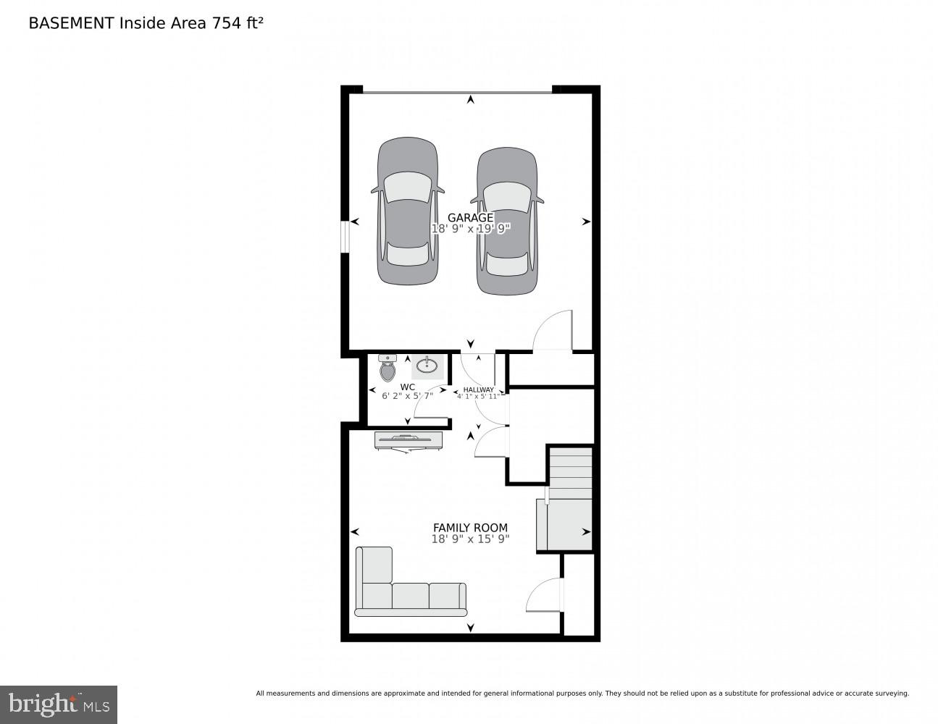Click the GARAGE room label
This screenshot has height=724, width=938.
pos(470,217)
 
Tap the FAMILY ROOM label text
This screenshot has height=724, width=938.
pos(470,528)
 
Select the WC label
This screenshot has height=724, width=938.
pos(408,387)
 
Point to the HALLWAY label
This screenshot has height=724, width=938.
pos(478,390)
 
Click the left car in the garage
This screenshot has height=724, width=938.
pos(408,211)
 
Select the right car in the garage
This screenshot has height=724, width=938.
pos(507,222)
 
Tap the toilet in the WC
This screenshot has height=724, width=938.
pos(388,368)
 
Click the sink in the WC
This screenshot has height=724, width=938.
pos(427,365)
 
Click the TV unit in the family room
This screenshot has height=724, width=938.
pos(409,440)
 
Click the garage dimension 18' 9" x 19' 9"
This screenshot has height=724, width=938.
pos(471,229)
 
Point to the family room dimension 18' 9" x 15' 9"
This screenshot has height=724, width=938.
pos(471,539)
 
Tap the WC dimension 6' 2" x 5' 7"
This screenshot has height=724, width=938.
pos(407,396)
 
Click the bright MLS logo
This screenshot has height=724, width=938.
pos(59,704)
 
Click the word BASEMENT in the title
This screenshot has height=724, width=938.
pos(70,23)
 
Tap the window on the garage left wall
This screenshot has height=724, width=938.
pos(346,236)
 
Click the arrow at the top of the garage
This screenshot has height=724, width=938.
pos(471,99)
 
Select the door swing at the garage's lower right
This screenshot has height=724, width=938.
pos(554,331)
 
